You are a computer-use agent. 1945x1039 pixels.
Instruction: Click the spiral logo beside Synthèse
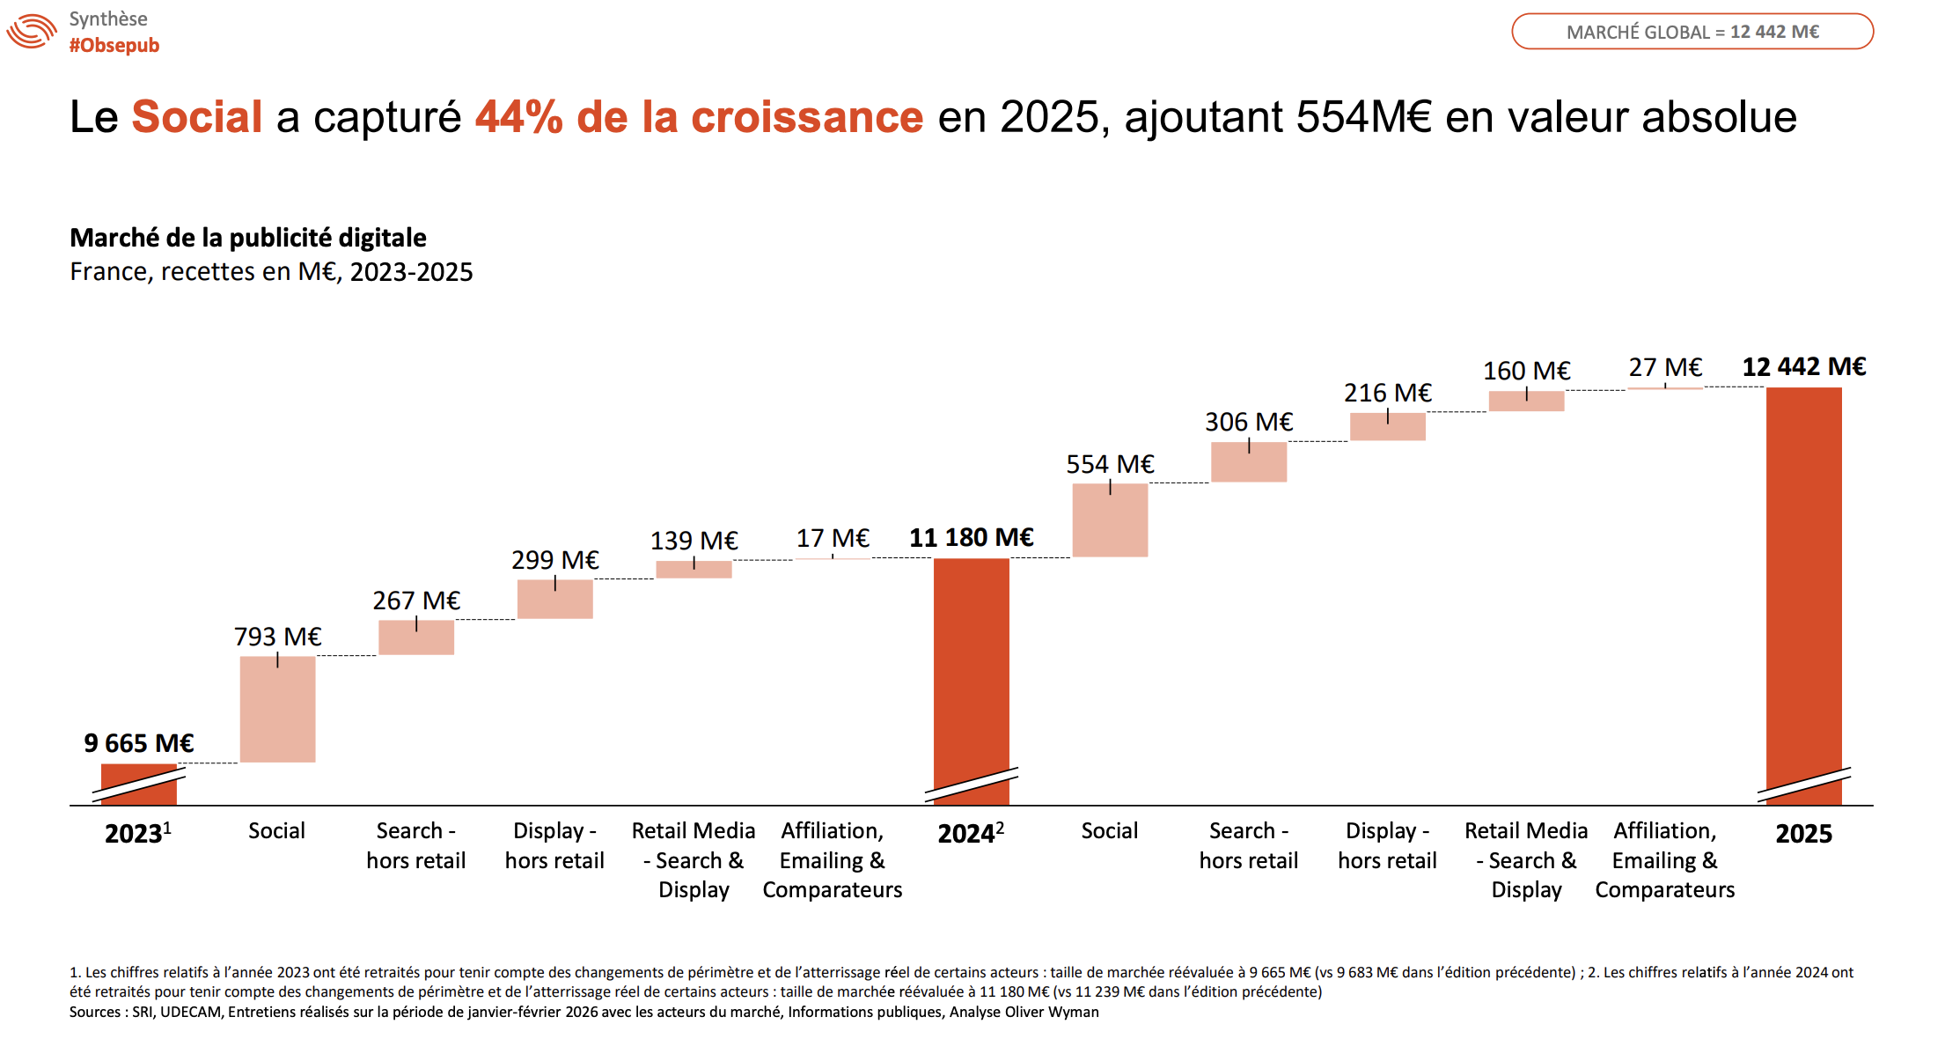[32, 32]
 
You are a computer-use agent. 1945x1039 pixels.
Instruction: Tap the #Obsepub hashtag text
[114, 46]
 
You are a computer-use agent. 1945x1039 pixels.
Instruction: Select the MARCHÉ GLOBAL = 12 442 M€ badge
[1692, 32]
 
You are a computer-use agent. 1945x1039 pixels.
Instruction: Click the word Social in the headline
[197, 117]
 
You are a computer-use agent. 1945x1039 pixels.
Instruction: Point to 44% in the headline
[518, 117]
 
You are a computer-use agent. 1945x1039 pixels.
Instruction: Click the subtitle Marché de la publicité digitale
[248, 238]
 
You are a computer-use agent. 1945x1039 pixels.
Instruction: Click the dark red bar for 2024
[971, 660]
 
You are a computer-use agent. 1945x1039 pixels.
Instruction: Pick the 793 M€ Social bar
[277, 709]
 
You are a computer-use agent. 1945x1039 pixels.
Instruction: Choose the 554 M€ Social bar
[1110, 519]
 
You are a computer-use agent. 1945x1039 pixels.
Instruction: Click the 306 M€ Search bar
[1248, 462]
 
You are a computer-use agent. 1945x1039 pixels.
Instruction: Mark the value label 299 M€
[554, 560]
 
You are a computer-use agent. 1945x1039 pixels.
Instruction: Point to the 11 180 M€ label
[971, 537]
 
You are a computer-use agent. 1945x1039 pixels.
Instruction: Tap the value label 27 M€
[1665, 367]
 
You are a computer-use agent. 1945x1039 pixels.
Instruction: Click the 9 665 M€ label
[138, 743]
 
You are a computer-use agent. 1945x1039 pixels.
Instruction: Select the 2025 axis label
[1803, 834]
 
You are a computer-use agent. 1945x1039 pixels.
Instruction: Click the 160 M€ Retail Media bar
[1526, 402]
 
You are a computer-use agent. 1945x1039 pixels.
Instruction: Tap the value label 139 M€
[694, 541]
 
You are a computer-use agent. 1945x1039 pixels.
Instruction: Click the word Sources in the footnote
[97, 1013]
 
